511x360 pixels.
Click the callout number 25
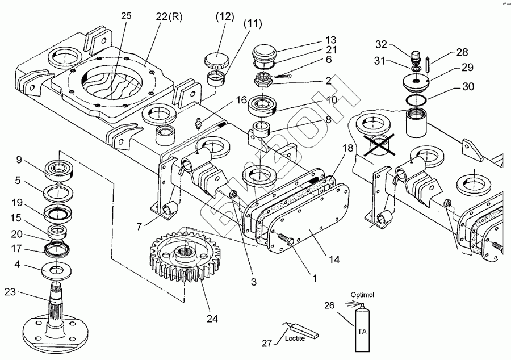pos(125,16)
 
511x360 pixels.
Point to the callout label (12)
pos(224,18)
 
